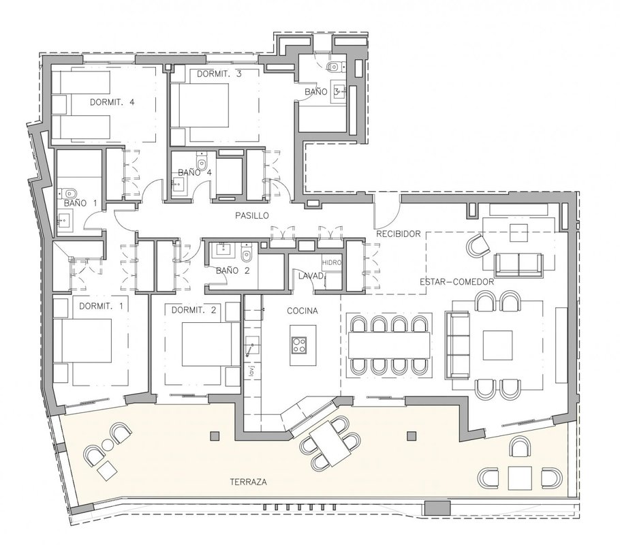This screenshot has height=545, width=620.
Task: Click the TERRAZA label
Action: pyautogui.click(x=248, y=482)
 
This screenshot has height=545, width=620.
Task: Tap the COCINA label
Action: pyautogui.click(x=302, y=311)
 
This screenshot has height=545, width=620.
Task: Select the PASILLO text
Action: pyautogui.click(x=252, y=215)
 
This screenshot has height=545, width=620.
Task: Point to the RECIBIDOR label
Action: pyautogui.click(x=398, y=234)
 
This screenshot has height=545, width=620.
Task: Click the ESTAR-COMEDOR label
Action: pyautogui.click(x=456, y=282)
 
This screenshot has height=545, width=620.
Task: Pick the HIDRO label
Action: pyautogui.click(x=331, y=262)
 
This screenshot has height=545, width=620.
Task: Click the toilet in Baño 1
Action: pyautogui.click(x=69, y=193)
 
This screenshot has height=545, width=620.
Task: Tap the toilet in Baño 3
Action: pyautogui.click(x=334, y=67)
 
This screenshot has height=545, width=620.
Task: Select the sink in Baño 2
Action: pyautogui.click(x=222, y=250)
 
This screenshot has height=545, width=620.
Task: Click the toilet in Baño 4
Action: pyautogui.click(x=202, y=161)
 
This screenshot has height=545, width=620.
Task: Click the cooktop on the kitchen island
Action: pyautogui.click(x=299, y=345)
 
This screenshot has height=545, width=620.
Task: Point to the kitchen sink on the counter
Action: pyautogui.click(x=252, y=346)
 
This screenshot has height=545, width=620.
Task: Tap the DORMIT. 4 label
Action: pyautogui.click(x=112, y=102)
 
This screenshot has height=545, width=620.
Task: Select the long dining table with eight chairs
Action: pyautogui.click(x=389, y=345)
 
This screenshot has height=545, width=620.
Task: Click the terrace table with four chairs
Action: pyautogui.click(x=330, y=443)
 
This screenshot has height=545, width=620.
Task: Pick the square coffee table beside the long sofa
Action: pyautogui.click(x=498, y=345)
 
